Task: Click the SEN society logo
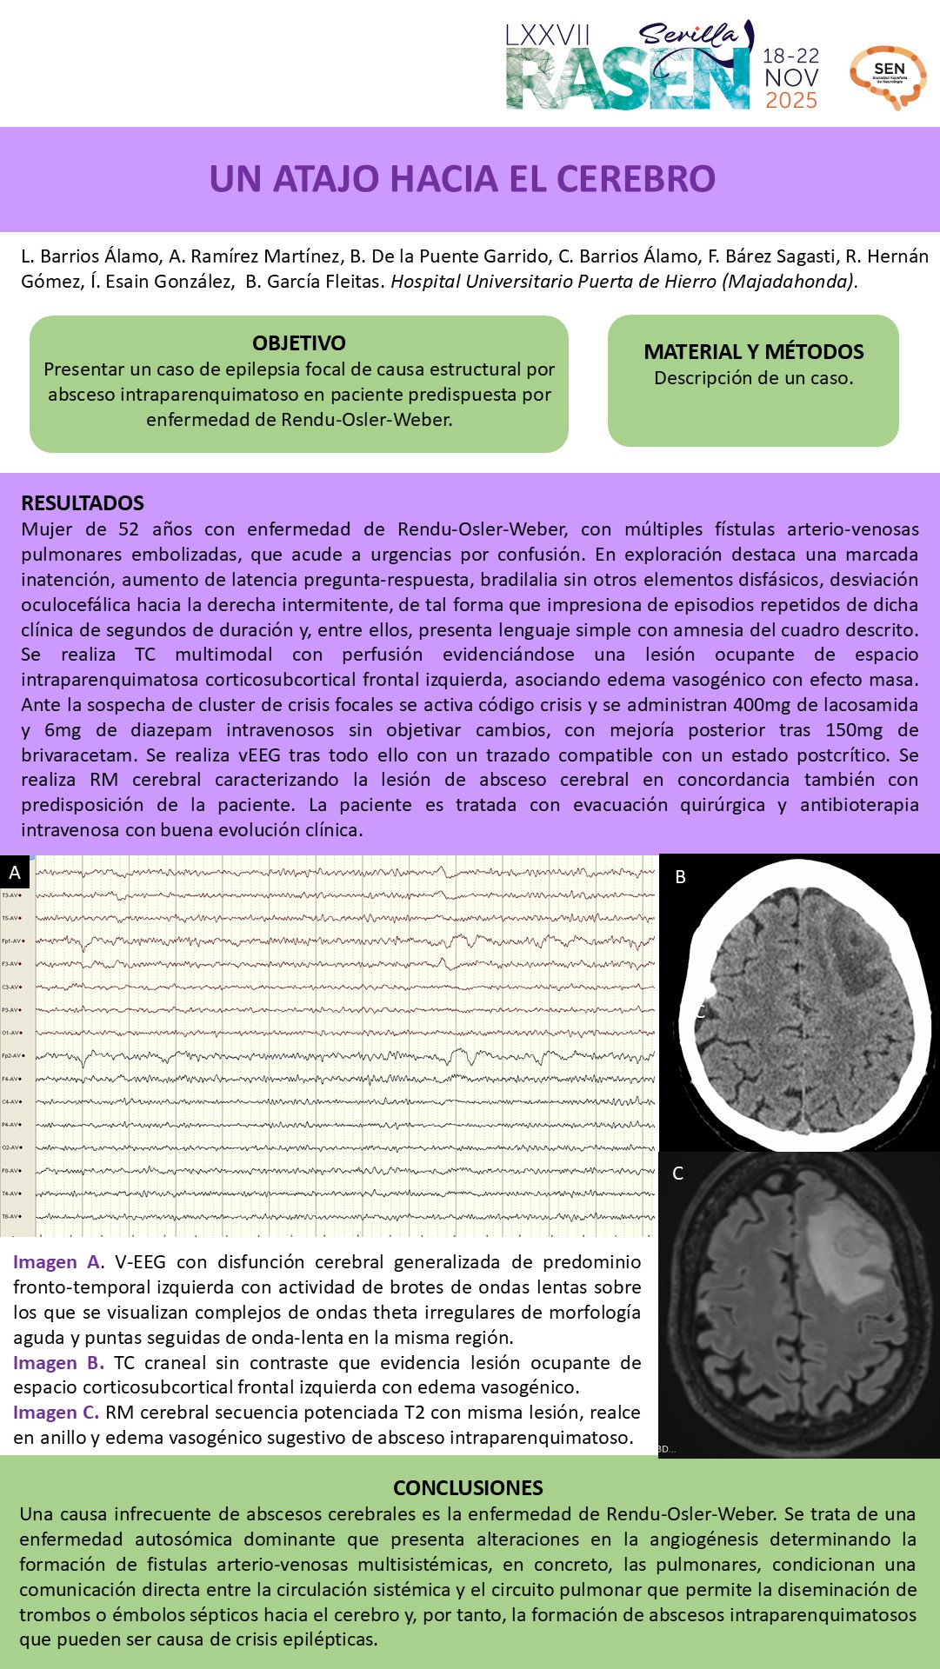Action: coord(888,76)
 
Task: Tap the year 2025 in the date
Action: coord(791,101)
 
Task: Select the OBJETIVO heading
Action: coord(299,343)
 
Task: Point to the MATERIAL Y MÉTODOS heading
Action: coord(753,352)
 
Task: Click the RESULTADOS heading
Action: coord(83,503)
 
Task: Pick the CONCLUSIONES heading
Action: coord(468,1488)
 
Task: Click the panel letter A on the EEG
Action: coord(15,873)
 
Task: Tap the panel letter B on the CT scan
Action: coord(681,877)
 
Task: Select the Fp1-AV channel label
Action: coord(12,941)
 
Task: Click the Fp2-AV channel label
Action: coord(12,1055)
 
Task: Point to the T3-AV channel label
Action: coord(12,894)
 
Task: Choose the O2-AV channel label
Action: coord(12,1147)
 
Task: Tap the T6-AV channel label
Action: coord(12,1216)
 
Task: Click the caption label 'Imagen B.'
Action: coord(58,1363)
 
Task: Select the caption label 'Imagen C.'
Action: coord(56,1413)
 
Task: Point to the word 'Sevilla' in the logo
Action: coord(687,35)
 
